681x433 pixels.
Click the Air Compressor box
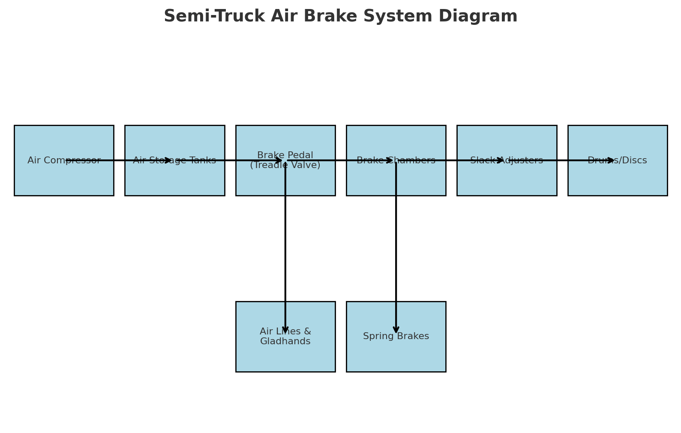(64, 180)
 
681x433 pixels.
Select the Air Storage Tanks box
(174, 180)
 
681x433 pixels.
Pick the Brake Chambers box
(420, 180)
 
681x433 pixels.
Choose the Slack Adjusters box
(507, 180)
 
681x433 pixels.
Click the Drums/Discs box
(617, 180)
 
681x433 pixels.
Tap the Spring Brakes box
(420, 356)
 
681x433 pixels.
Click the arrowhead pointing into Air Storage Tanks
(168, 160)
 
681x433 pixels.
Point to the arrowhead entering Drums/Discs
(612, 160)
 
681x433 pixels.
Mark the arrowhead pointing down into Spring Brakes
(396, 330)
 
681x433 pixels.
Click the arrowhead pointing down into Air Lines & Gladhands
(285, 330)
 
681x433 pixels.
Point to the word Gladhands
(285, 342)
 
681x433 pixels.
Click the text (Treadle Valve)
(285, 165)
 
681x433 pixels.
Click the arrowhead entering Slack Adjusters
(501, 160)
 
